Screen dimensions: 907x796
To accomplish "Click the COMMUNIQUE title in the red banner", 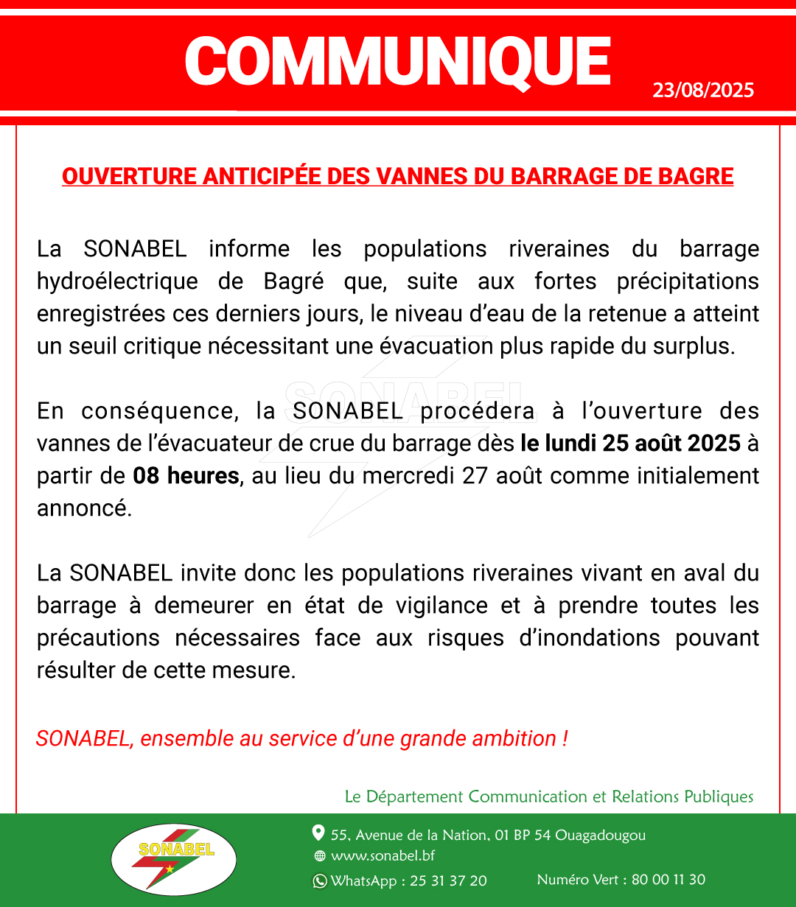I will coord(397,61).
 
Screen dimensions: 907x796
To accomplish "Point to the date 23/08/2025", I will coord(703,91).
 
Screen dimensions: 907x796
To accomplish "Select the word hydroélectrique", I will coord(117,281).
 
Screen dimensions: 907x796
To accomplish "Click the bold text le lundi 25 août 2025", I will coord(630,444).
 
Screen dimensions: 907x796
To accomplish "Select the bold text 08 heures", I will coord(186,476).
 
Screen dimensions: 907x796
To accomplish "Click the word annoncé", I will coord(84,508).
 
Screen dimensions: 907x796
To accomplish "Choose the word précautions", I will coord(98,638).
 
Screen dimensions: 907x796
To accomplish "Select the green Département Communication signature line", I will coord(549,796).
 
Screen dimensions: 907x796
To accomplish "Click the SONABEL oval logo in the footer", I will coord(174,860).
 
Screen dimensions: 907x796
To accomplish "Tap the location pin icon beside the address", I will coord(318,833).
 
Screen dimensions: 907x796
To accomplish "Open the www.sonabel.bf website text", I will coord(383,856).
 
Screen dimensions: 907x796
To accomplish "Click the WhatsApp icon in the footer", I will coord(320,881).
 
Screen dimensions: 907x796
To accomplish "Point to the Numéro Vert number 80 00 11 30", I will coord(668,880).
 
